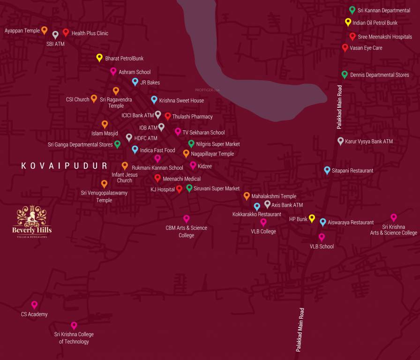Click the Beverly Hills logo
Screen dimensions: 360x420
point(32,221)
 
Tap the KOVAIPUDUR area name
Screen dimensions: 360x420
point(64,166)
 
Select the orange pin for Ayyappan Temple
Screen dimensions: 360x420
point(45,30)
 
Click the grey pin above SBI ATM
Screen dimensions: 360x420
point(55,34)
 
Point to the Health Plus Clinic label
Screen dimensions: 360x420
point(90,33)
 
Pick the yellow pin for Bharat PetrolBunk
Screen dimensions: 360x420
point(99,57)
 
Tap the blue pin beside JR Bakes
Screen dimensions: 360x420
point(135,82)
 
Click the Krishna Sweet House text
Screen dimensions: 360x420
point(181,101)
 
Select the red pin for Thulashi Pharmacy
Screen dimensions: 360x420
point(168,116)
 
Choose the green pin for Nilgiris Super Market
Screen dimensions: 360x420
point(191,143)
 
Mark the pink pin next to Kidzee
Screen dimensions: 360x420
point(193,165)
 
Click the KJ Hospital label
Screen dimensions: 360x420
point(162,189)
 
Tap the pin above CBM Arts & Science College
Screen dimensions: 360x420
point(187,218)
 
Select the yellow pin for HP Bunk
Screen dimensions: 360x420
point(312,218)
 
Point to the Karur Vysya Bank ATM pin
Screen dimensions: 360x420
point(341,141)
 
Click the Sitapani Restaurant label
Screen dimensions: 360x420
point(352,171)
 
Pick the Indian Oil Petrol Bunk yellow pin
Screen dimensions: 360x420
point(348,22)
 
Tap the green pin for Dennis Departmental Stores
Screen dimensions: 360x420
point(345,74)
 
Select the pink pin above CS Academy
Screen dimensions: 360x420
point(34,305)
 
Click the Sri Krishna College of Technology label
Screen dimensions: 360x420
point(74,338)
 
